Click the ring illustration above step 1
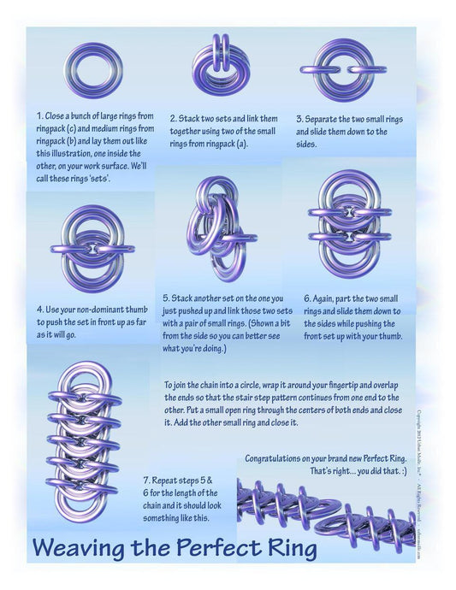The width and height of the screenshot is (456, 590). pyautogui.click(x=92, y=71)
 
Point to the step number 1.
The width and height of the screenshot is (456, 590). pyautogui.click(x=38, y=114)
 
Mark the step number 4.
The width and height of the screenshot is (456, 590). pyautogui.click(x=39, y=309)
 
